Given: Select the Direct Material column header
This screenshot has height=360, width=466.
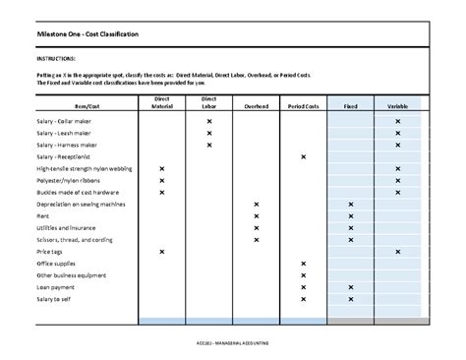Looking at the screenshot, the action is point(161,102).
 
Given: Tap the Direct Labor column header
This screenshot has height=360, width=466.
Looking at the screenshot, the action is point(209,102).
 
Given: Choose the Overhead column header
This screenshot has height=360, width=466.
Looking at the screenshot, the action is point(256,105).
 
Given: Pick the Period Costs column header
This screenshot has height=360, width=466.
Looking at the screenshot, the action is point(303,105).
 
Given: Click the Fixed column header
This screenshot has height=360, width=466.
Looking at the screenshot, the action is point(350,105).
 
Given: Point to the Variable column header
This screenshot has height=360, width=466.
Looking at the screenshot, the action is point(397,105).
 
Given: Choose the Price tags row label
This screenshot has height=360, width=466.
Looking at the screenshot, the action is point(50,252).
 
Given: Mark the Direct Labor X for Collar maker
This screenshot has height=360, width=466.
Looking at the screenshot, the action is point(209,121).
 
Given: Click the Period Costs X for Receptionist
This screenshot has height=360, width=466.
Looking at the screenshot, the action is point(303,157).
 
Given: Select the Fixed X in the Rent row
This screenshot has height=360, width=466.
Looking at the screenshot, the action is point(350,216).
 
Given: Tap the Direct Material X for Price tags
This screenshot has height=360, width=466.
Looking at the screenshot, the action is point(161,252).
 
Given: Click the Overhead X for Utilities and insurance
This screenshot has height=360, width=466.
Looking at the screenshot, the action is point(256,228).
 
